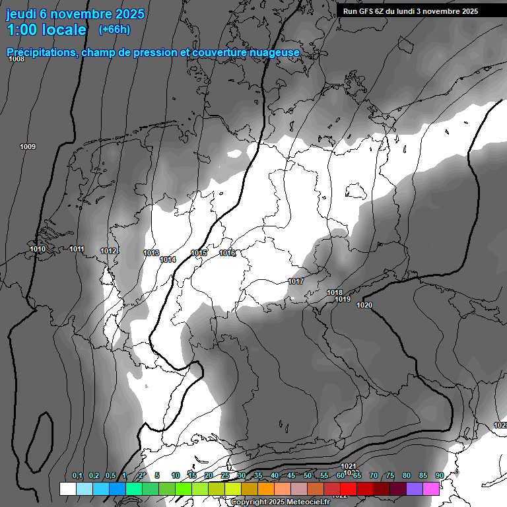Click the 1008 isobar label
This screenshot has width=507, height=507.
17,59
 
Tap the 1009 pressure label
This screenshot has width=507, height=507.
28,147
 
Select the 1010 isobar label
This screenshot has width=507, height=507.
38,249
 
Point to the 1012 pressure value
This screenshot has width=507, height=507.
109,251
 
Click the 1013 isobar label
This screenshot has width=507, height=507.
151,253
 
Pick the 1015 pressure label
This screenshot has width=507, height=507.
199,253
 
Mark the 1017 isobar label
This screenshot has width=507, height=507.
296,282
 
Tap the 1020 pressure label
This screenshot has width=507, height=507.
364,305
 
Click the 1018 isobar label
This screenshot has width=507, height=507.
335,292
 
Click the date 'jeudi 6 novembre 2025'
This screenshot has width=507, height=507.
75,14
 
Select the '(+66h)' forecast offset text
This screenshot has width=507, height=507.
114,30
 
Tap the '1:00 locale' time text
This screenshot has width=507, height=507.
46,30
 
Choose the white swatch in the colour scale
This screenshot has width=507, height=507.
67,489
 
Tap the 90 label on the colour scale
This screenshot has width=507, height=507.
440,475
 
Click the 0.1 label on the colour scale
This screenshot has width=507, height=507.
77,475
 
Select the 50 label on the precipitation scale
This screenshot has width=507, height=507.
308,475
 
